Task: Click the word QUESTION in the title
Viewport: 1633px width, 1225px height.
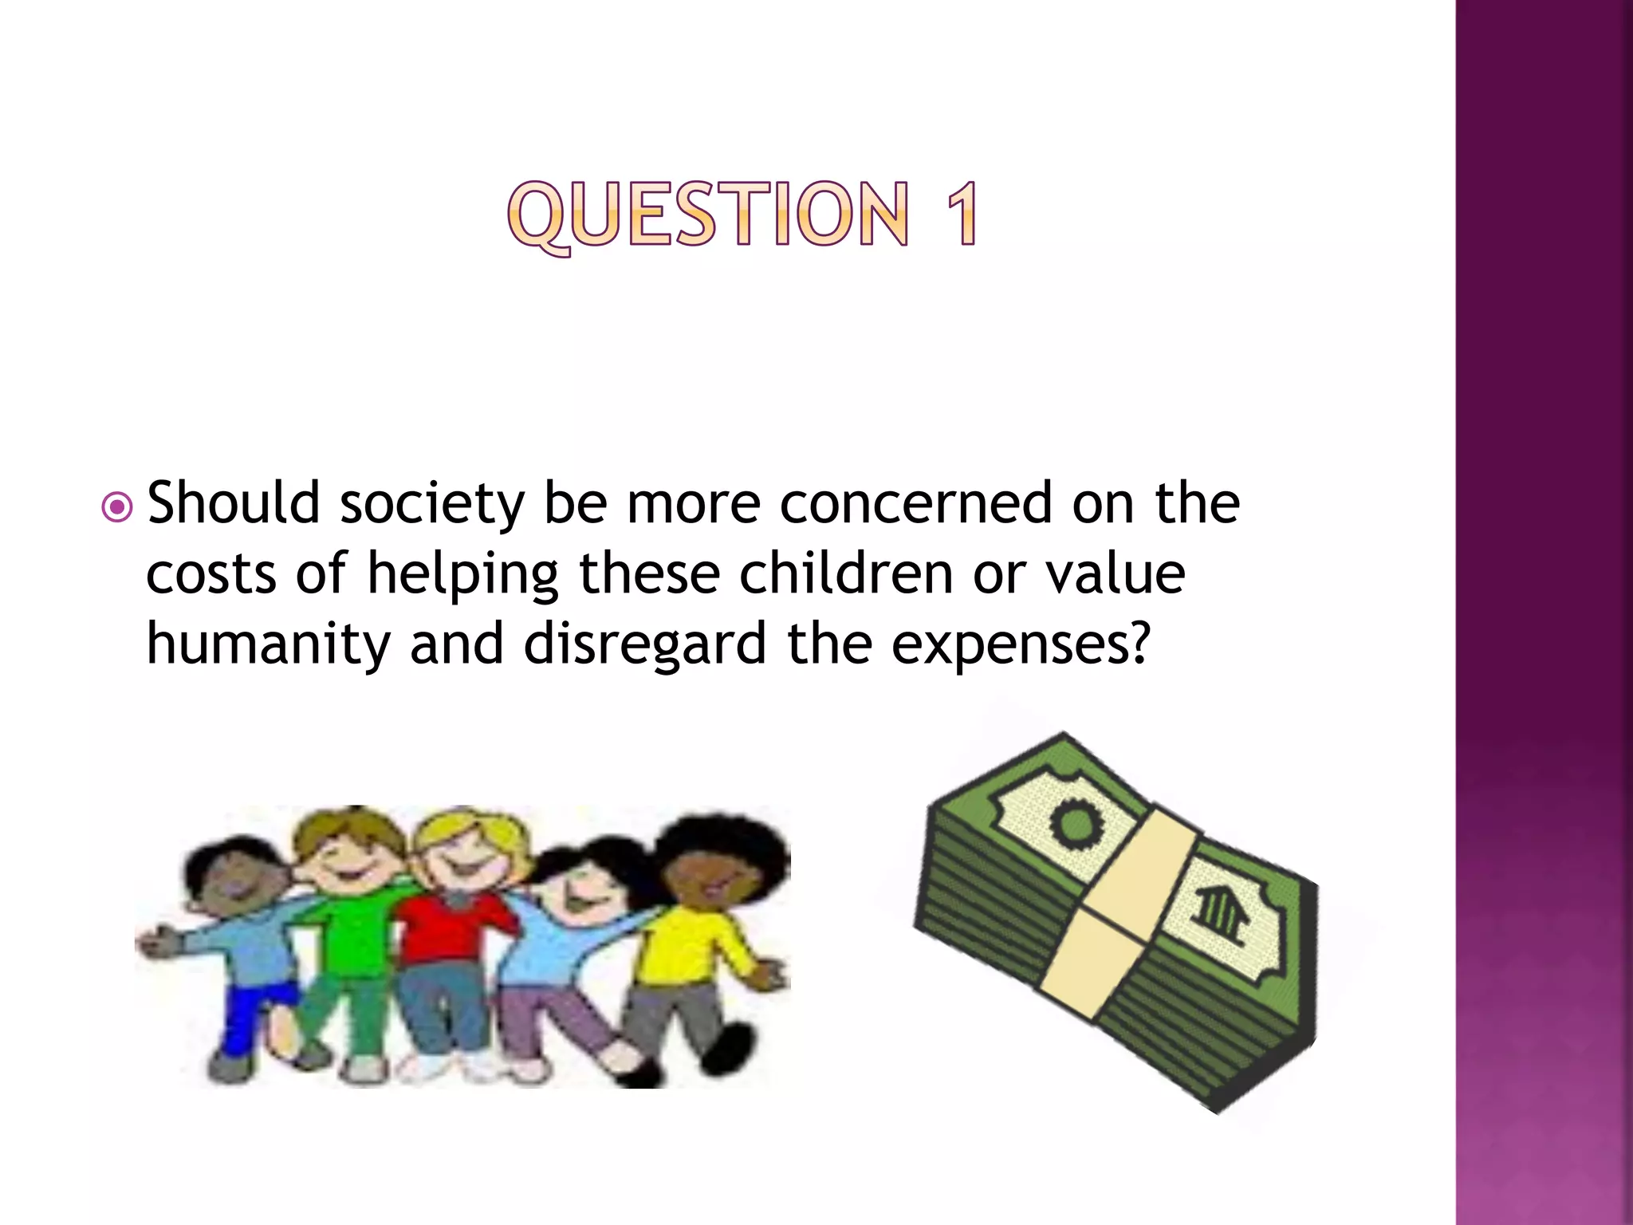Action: click(708, 214)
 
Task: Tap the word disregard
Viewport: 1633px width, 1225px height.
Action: click(644, 644)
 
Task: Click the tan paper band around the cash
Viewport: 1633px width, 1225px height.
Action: click(1116, 917)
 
